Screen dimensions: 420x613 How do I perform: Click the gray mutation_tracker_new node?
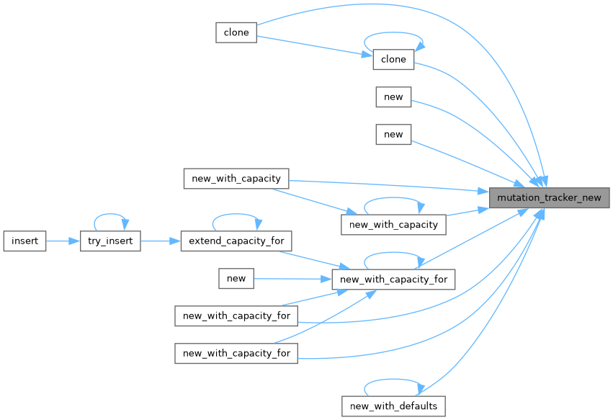click(x=549, y=197)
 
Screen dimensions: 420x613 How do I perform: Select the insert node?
click(x=24, y=241)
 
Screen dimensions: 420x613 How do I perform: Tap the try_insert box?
click(x=110, y=241)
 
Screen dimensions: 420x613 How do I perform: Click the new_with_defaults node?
click(x=393, y=406)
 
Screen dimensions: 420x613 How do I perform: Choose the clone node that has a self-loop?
click(x=393, y=59)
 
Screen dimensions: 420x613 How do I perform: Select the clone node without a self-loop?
click(x=236, y=32)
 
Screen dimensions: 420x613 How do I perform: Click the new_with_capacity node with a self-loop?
click(x=393, y=224)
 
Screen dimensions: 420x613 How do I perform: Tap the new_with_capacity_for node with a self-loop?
click(x=393, y=279)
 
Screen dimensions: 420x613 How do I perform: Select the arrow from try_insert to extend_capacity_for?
click(x=159, y=241)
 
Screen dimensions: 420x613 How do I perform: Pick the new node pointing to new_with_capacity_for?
click(x=236, y=278)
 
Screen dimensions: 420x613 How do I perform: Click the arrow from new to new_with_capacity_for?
click(x=292, y=278)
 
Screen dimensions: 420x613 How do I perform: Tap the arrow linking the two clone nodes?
click(x=314, y=46)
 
